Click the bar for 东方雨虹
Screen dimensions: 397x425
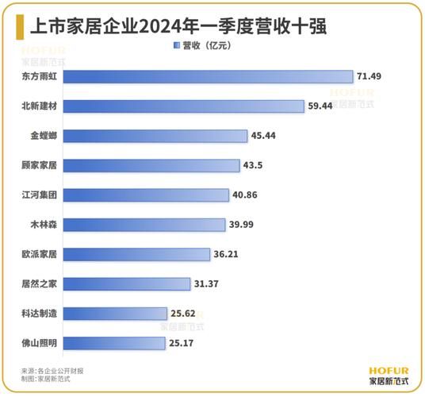pyautogui.click(x=208, y=76)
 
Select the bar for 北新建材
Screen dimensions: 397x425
pyautogui.click(x=184, y=106)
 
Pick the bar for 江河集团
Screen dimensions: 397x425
pyautogui.click(x=146, y=195)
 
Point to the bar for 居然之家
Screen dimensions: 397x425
pyautogui.click(x=127, y=283)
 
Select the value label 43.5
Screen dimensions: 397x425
pyautogui.click(x=256, y=165)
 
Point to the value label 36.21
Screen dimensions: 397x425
pyautogui.click(x=236, y=254)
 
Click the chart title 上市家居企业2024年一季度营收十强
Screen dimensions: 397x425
pyautogui.click(x=179, y=25)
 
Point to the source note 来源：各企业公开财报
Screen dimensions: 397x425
pyautogui.click(x=52, y=371)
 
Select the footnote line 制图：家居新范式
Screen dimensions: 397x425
pyautogui.click(x=48, y=380)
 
